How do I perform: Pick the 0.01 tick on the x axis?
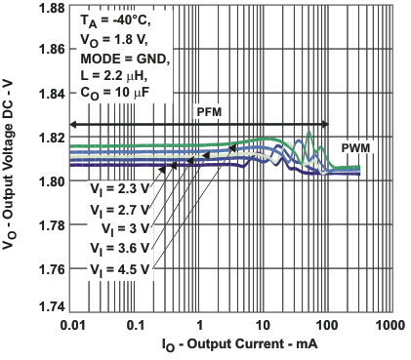pyautogui.click(x=72, y=323)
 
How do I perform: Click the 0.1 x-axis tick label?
pyautogui.click(x=136, y=323)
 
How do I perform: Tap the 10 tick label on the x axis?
pyautogui.click(x=262, y=323)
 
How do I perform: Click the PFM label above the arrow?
pyautogui.click(x=210, y=111)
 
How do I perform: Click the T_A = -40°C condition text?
pyautogui.click(x=115, y=19)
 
